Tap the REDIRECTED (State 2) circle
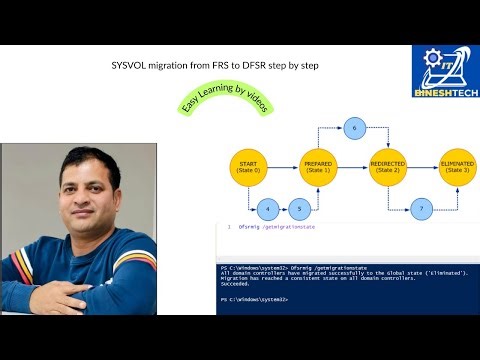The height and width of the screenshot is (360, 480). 386,165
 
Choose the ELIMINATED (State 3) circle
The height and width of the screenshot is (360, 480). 456,165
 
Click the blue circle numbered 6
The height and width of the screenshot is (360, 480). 353,127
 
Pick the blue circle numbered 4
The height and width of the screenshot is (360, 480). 267,210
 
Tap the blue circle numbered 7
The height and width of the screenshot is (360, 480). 422,210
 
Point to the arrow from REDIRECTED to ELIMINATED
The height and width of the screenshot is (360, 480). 421,165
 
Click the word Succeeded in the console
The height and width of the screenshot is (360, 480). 237,283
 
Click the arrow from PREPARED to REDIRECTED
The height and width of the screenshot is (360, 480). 351,165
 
